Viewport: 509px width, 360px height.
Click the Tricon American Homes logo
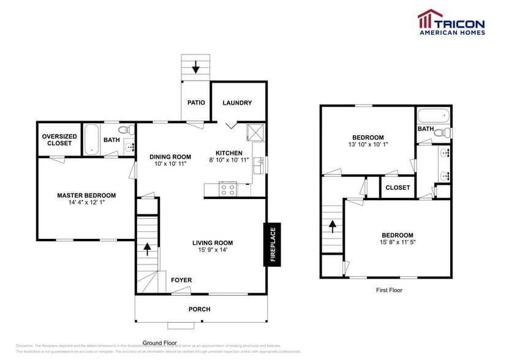click(451, 22)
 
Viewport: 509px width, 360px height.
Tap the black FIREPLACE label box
click(273, 244)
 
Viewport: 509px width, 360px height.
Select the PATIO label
click(196, 103)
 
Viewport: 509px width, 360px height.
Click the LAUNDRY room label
click(237, 103)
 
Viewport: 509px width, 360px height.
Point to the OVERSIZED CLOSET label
click(59, 140)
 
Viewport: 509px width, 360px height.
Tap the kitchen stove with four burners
click(228, 189)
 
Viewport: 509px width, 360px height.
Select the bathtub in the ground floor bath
click(92, 139)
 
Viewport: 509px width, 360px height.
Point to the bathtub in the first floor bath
click(433, 115)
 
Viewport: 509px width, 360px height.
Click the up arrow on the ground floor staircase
click(147, 248)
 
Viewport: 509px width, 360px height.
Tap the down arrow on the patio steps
click(196, 66)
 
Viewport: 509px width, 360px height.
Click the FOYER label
click(181, 280)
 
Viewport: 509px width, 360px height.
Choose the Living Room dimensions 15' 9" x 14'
click(213, 250)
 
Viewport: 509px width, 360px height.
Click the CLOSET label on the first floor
click(398, 188)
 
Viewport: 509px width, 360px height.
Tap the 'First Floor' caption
click(389, 290)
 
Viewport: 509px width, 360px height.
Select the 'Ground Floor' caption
click(160, 343)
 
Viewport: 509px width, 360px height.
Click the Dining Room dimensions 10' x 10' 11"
click(170, 164)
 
